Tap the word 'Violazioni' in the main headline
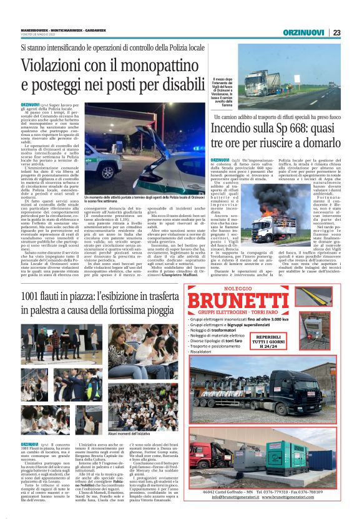(x=57, y=65)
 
